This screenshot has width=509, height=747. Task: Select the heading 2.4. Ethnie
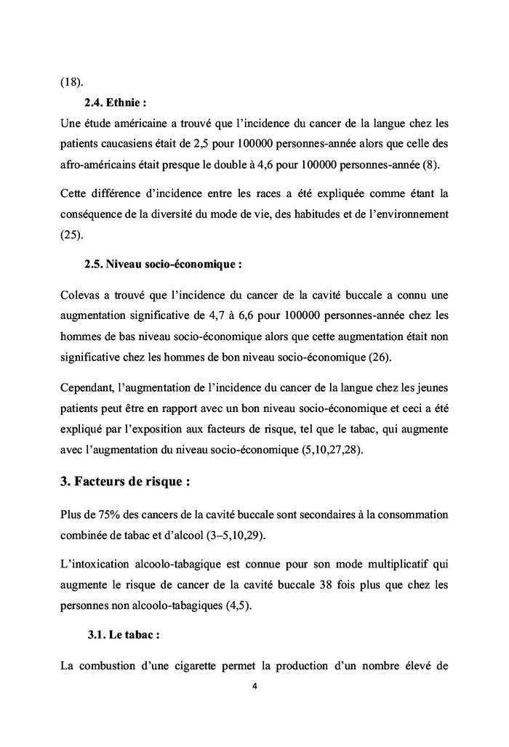(x=121, y=102)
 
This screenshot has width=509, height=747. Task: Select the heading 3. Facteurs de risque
(x=130, y=482)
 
